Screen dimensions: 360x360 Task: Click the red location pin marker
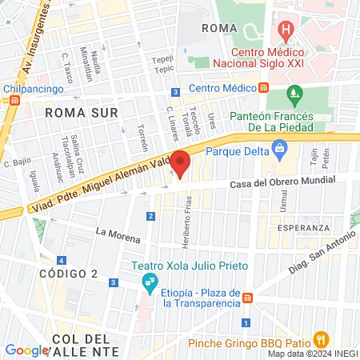pyautogui.click(x=180, y=162)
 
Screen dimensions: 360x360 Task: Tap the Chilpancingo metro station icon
pyautogui.click(x=13, y=102)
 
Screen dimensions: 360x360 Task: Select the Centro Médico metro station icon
pyautogui.click(x=263, y=88)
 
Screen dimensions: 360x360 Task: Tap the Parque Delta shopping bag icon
pyautogui.click(x=279, y=147)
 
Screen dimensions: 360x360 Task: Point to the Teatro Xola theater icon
pyautogui.click(x=147, y=281)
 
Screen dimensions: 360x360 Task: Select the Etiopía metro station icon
pyautogui.click(x=248, y=298)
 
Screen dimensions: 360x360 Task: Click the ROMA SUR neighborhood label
pyautogui.click(x=76, y=112)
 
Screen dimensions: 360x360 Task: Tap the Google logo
pyautogui.click(x=26, y=350)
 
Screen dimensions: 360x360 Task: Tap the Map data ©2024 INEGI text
pyautogui.click(x=312, y=354)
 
